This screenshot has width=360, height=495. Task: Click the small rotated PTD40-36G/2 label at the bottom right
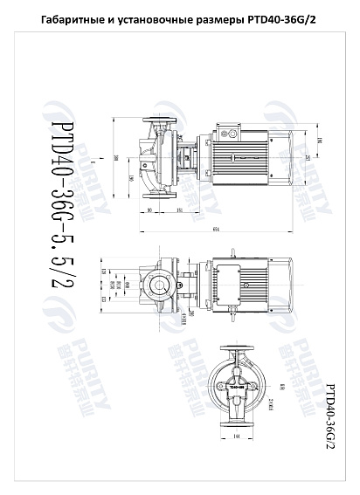click(330, 416)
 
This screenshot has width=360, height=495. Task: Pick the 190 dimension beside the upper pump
click(130, 178)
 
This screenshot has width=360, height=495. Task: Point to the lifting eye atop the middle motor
click(235, 251)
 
